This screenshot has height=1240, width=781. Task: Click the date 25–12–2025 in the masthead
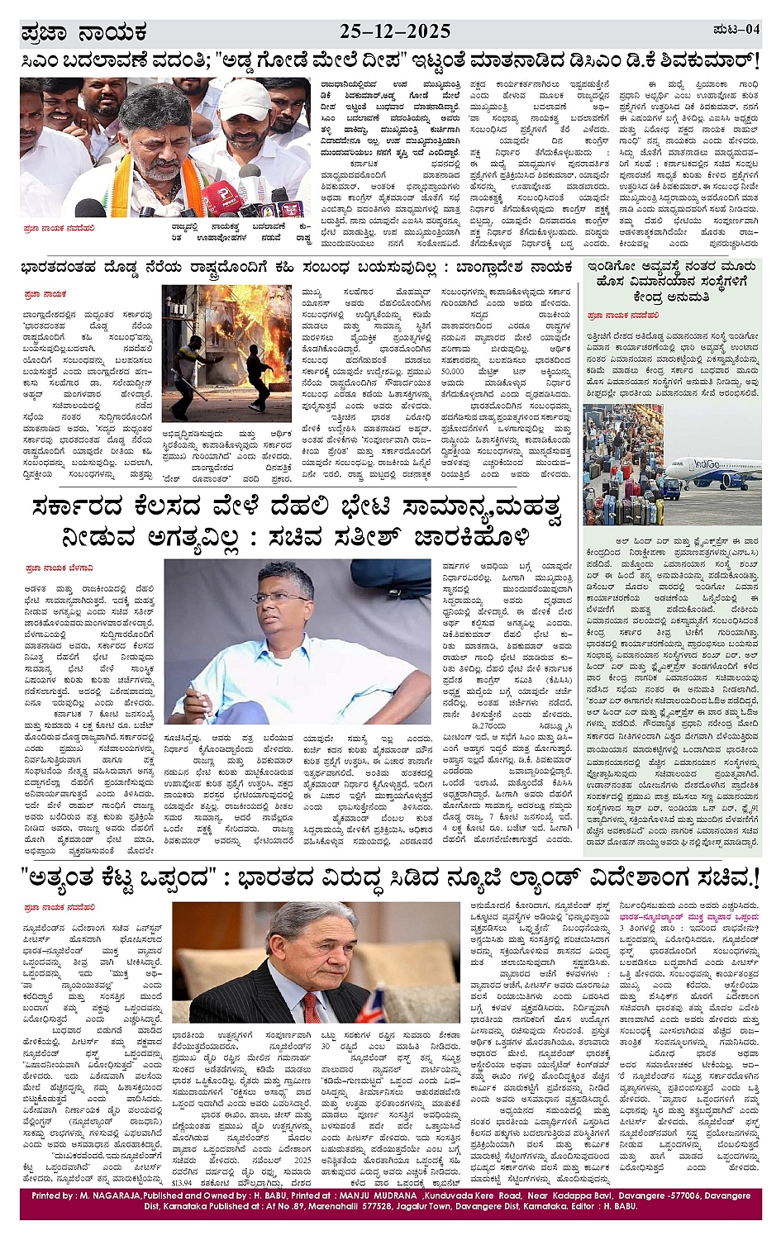click(395, 31)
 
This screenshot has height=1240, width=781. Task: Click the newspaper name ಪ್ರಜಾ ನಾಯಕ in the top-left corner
click(83, 33)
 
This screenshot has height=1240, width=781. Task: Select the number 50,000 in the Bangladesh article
click(452, 372)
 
